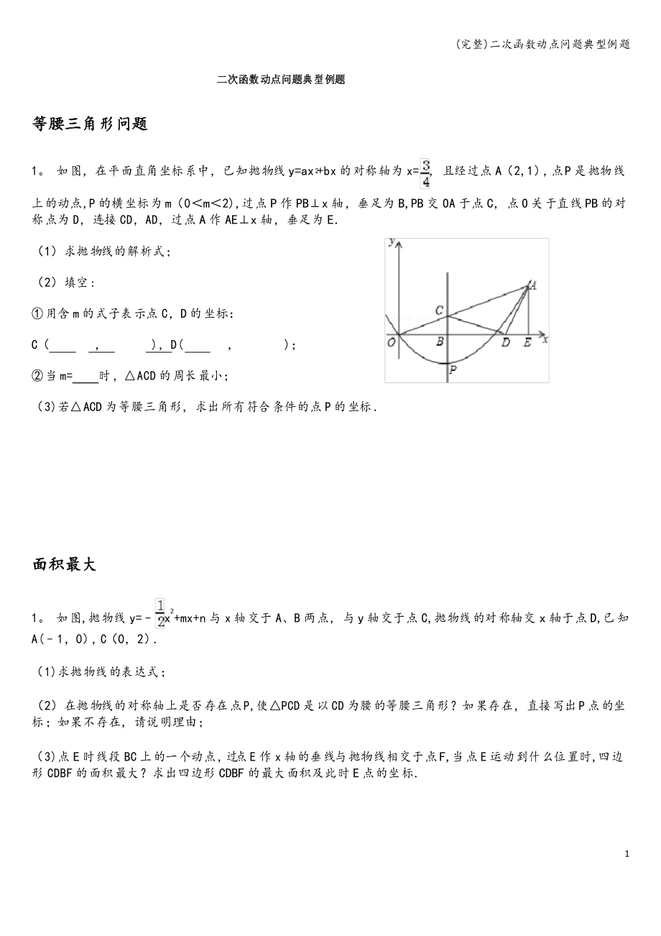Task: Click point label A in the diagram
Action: click(x=533, y=285)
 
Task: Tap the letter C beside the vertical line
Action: click(x=439, y=311)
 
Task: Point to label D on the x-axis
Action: click(x=506, y=343)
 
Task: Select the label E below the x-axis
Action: click(x=527, y=343)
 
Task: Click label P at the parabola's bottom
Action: click(x=452, y=370)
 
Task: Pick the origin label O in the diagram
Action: click(x=392, y=343)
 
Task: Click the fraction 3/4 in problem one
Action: click(x=425, y=173)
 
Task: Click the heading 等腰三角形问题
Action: click(x=90, y=124)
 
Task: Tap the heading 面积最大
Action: click(x=64, y=564)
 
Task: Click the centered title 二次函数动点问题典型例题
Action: click(x=281, y=80)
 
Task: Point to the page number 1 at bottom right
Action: click(x=627, y=854)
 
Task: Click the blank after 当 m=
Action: click(x=86, y=375)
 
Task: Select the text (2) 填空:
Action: click(x=65, y=283)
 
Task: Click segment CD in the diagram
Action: click(x=474, y=324)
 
